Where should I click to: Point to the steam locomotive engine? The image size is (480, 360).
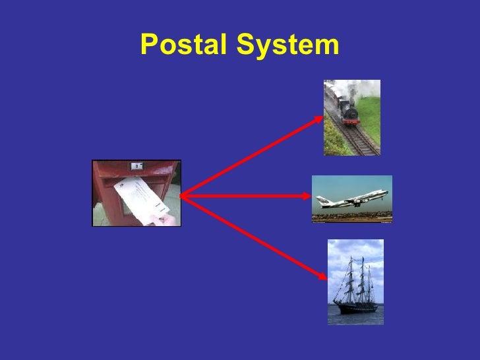tap(349, 112)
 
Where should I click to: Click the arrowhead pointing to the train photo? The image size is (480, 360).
tap(321, 117)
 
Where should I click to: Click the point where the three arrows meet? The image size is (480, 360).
tap(181, 196)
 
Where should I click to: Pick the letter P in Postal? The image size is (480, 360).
tap(148, 45)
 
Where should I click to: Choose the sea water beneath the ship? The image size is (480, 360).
tap(355, 318)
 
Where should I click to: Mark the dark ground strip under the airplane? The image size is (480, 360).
tap(351, 216)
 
